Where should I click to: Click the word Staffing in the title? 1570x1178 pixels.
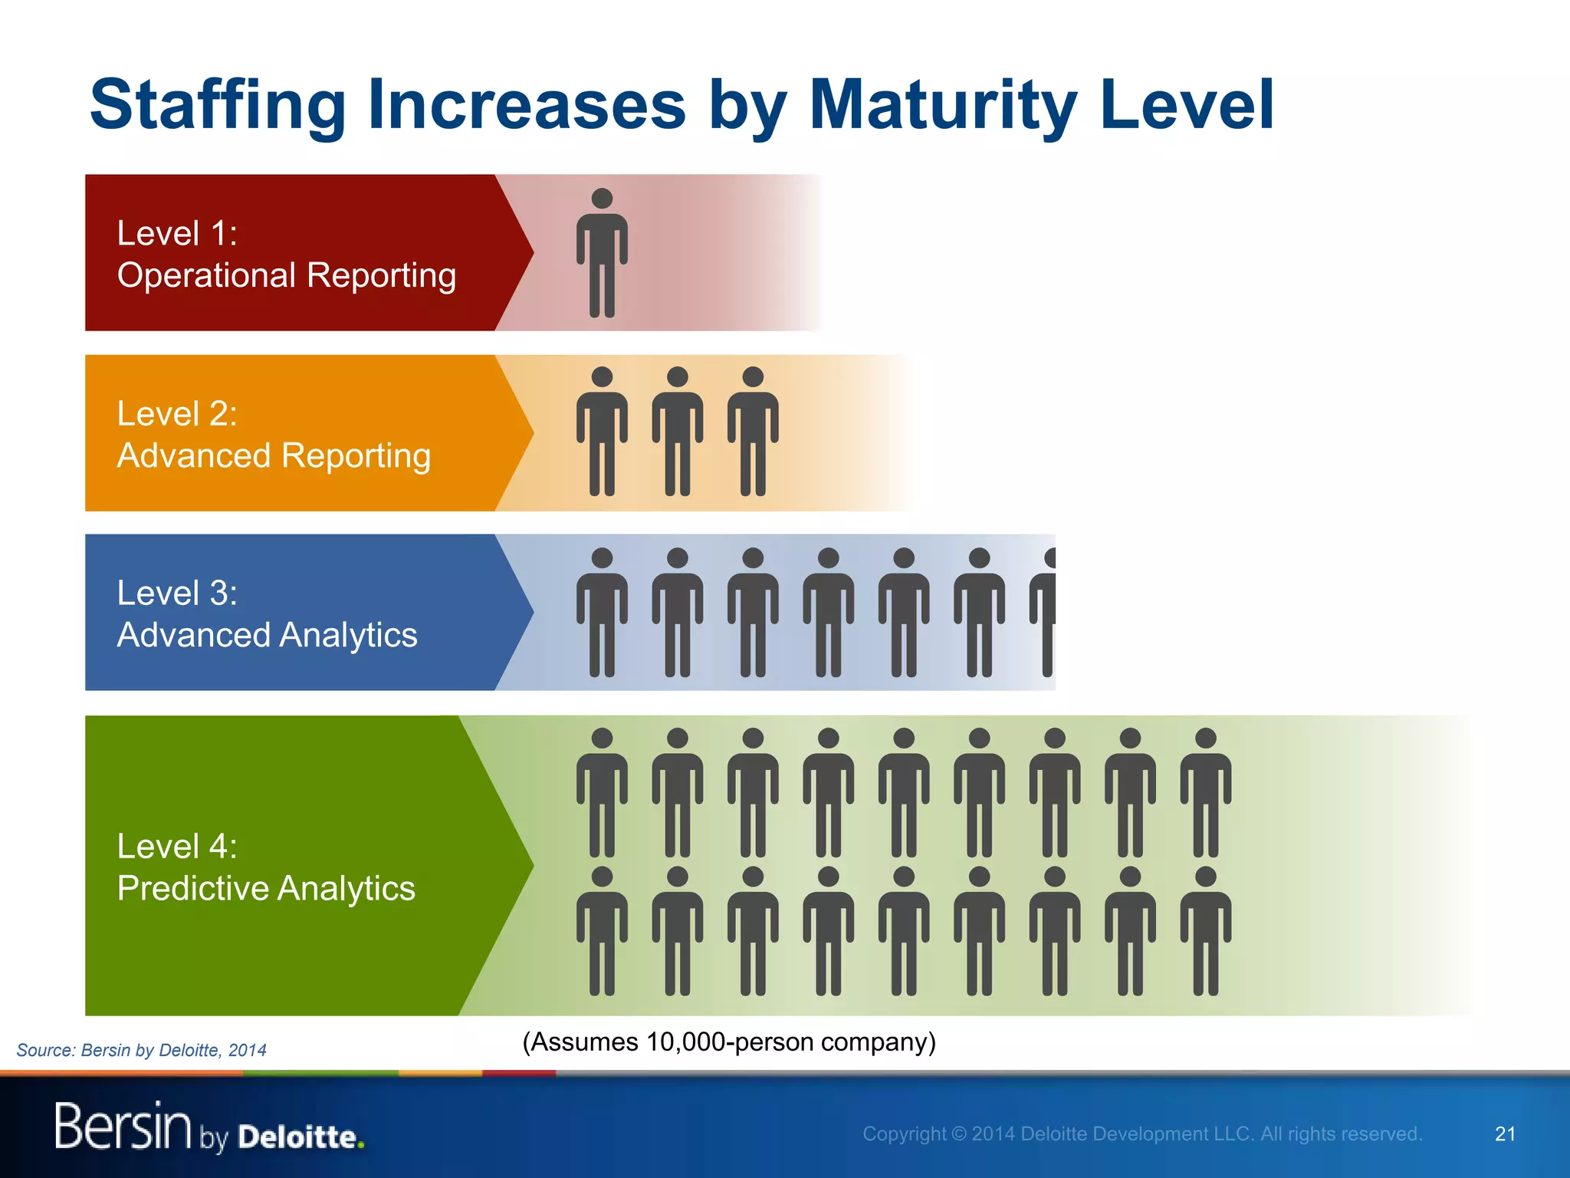pos(218,106)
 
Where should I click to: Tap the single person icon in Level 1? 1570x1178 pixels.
pos(602,253)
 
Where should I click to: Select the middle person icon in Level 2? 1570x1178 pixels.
pos(678,433)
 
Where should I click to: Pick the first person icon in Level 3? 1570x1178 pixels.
pos(602,612)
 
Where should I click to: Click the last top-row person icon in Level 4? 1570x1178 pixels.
pos(1205,793)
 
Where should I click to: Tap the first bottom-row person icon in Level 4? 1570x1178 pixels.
pos(602,931)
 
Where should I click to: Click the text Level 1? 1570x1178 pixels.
pos(177,233)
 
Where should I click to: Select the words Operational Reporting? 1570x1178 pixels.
pos(286,275)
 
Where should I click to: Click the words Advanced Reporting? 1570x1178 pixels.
pos(274,456)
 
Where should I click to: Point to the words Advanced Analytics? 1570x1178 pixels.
pos(267,635)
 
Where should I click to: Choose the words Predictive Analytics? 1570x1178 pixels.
pos(266,888)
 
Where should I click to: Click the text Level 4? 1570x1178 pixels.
pos(177,847)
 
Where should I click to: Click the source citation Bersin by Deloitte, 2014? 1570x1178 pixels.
pos(173,1051)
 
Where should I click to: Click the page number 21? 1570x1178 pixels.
pos(1505,1134)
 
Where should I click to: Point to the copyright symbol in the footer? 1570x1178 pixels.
pos(958,1134)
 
